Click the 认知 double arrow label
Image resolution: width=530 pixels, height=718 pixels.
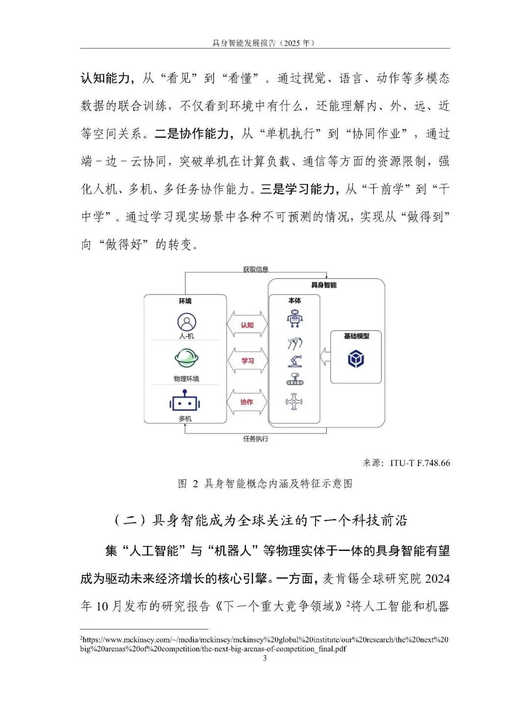click(x=247, y=325)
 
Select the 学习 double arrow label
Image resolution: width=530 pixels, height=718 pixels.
click(x=247, y=361)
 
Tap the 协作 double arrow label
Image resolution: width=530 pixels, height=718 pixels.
click(x=247, y=402)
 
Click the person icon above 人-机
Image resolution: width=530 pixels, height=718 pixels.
click(x=186, y=322)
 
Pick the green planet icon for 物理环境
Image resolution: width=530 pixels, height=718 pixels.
click(x=186, y=358)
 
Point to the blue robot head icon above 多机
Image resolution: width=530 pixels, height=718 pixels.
click(x=185, y=401)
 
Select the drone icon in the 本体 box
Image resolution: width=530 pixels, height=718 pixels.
click(x=294, y=402)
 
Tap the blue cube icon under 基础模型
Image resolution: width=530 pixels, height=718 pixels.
click(x=356, y=359)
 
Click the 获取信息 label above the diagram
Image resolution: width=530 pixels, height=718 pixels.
click(x=256, y=270)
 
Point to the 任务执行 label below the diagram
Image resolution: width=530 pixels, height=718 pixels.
click(x=256, y=439)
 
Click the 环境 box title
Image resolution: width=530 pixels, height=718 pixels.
click(x=185, y=301)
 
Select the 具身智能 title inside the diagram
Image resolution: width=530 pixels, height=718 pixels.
click(x=324, y=285)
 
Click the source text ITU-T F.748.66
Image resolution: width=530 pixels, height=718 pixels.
click(x=420, y=463)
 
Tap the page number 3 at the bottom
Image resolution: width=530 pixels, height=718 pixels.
click(x=265, y=658)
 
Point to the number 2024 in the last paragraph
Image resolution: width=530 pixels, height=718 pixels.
click(x=437, y=579)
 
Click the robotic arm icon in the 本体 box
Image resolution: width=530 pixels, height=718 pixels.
click(x=295, y=362)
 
